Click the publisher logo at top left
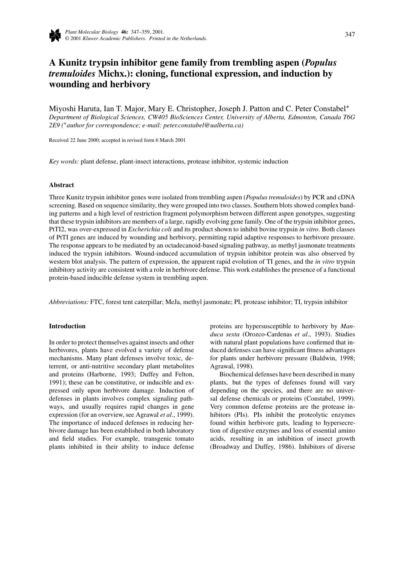coord(55,35)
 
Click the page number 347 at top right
coord(350,34)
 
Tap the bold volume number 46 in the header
coord(124,32)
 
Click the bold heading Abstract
coord(61,185)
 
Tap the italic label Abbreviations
coord(69,302)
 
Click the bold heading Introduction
coord(67,326)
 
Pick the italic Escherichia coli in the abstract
coord(150,229)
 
